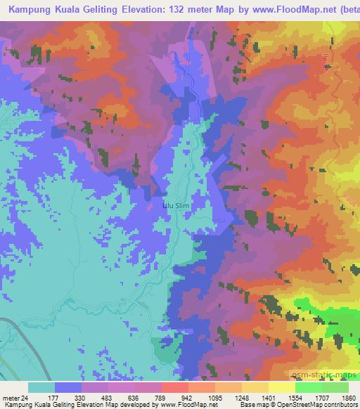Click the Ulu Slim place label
pyautogui.click(x=176, y=206)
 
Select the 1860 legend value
pyautogui.click(x=348, y=397)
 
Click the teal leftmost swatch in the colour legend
pyautogui.click(x=41, y=387)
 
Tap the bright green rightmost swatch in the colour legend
pyautogui.click(x=335, y=387)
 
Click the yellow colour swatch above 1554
pyautogui.click(x=281, y=387)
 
